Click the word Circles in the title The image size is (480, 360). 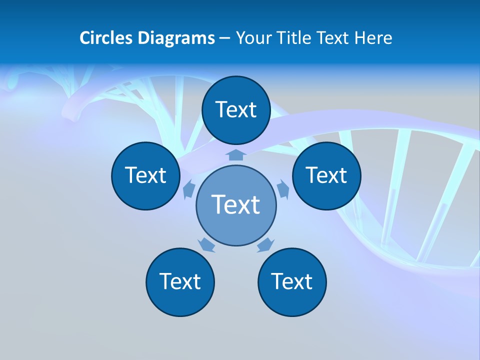[105, 38]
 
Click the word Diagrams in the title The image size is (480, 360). [174, 38]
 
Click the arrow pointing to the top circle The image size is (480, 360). [236, 154]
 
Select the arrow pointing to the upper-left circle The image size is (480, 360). [189, 189]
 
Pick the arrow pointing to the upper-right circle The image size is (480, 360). [283, 189]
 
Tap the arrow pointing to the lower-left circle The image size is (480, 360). [206, 245]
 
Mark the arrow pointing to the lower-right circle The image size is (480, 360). [265, 245]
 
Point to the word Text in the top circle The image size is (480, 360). [236, 109]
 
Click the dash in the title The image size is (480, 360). [224, 38]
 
